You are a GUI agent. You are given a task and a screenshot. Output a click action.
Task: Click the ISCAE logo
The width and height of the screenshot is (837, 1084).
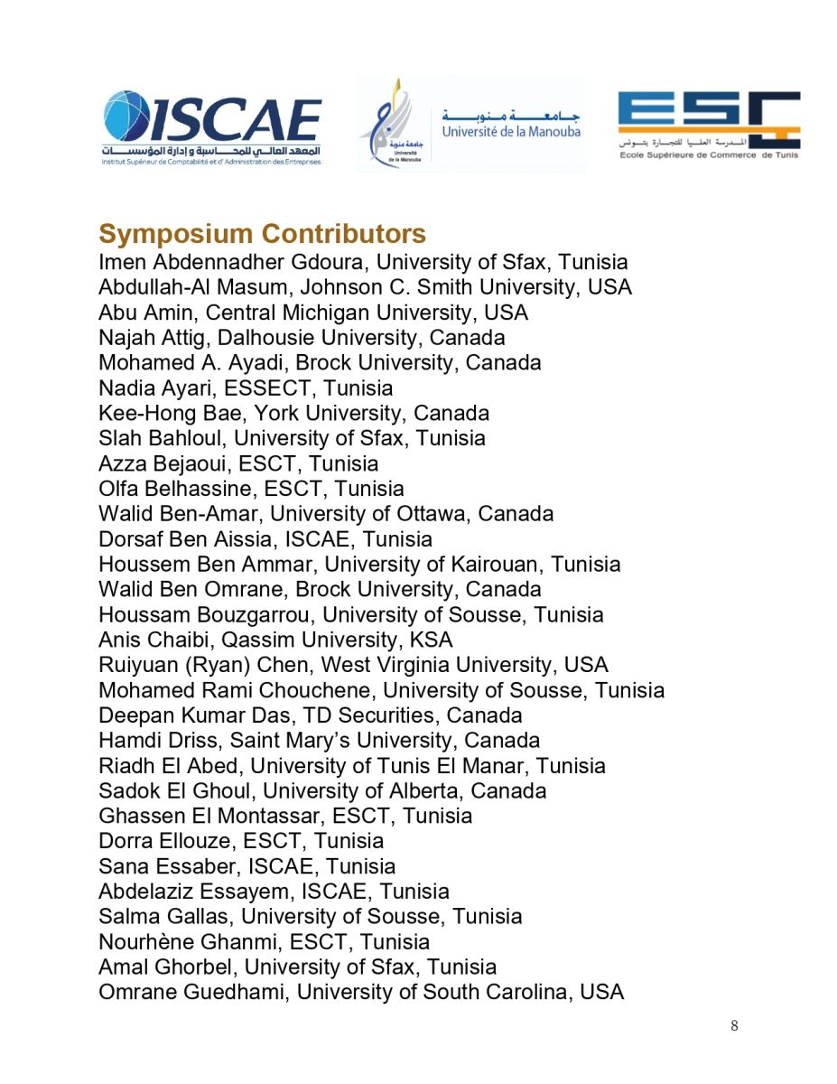tap(211, 127)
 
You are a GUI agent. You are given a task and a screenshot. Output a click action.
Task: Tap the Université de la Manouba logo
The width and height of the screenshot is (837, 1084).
tap(470, 125)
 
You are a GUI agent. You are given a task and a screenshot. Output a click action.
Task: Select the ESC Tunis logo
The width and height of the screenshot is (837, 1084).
tap(709, 125)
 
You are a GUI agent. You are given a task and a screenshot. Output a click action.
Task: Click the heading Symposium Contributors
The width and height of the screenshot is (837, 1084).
tap(262, 234)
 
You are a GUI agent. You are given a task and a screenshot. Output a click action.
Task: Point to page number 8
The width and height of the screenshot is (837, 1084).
tap(734, 1025)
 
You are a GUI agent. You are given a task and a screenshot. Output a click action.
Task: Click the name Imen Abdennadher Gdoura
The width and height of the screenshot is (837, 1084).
tap(234, 263)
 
